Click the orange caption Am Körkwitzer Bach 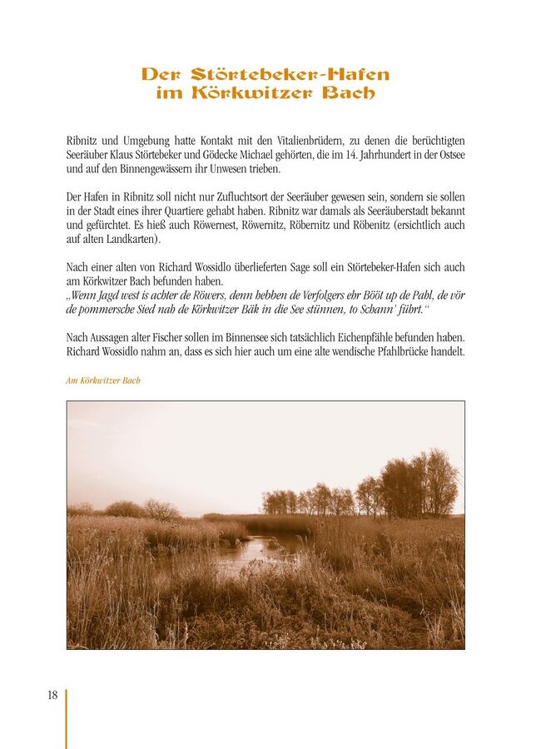103,380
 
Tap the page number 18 52,697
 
